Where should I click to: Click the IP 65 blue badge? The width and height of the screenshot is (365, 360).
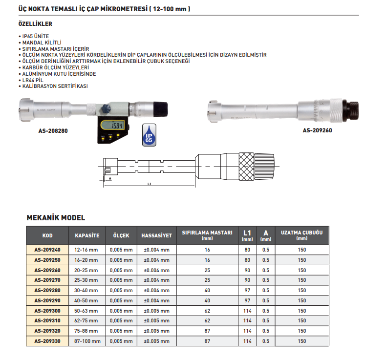pos(149,134)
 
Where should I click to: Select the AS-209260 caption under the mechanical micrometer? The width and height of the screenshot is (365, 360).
pos(317,130)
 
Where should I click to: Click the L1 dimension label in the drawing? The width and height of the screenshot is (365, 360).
pos(150,184)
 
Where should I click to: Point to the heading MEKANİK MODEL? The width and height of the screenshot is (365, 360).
pos(55,218)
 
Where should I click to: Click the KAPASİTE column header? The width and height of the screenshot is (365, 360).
pos(87,235)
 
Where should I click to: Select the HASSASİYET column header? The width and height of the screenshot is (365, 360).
pos(156,235)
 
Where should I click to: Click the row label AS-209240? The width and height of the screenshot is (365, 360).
pos(47,250)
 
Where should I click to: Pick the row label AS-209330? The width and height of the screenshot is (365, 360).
pos(47,341)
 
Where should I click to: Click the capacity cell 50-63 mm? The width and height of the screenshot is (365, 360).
pos(87,311)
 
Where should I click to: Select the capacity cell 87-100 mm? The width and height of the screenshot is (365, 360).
pos(87,341)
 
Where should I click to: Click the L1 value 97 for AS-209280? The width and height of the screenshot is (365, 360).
pos(247,290)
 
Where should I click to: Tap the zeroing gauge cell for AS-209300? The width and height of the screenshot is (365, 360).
pos(207,311)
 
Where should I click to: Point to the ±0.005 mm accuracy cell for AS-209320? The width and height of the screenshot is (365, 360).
pos(156,331)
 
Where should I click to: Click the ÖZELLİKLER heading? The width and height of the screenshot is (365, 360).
pos(35,23)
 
